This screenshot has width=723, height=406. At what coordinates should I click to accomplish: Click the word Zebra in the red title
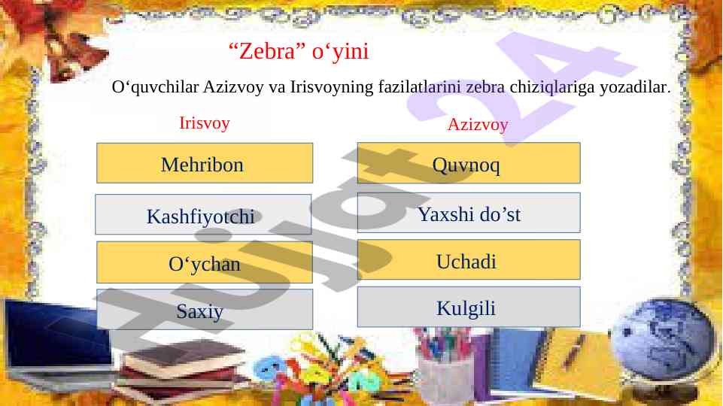[267, 50]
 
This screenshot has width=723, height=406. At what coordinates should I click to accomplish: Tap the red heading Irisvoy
[205, 123]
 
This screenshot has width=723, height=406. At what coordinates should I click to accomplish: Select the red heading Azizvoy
[478, 124]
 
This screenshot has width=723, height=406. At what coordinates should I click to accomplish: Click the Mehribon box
[205, 163]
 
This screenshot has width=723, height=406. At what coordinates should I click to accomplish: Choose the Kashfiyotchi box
[203, 214]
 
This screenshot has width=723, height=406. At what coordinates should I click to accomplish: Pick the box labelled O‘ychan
[205, 262]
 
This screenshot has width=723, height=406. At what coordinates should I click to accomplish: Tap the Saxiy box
[205, 309]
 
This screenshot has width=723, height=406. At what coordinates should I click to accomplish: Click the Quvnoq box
[469, 162]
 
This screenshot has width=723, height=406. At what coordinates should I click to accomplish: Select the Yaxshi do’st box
[469, 213]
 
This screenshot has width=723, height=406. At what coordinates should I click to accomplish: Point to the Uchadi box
[469, 259]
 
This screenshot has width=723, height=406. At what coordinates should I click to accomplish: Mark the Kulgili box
[469, 307]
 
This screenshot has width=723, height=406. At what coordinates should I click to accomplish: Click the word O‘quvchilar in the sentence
[156, 87]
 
